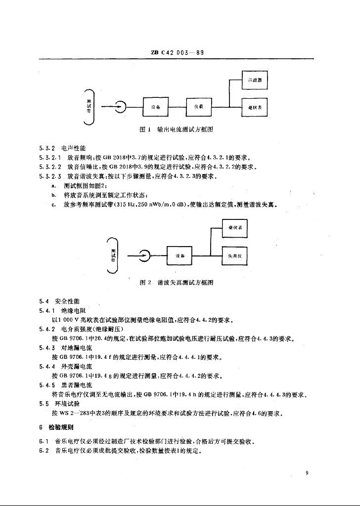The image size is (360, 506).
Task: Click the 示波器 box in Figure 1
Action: [x=254, y=80]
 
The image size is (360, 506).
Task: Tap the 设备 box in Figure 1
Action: [x=155, y=106]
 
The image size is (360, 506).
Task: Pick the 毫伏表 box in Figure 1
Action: [x=254, y=106]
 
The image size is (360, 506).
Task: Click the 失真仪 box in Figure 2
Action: [x=234, y=255]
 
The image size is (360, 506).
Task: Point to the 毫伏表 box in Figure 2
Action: [x=234, y=228]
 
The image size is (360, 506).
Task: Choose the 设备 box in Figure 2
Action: [x=180, y=255]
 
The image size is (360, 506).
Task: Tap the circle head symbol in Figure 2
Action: [x=144, y=255]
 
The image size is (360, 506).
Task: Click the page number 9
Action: [x=307, y=473]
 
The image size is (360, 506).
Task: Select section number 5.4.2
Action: [x=46, y=329]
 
